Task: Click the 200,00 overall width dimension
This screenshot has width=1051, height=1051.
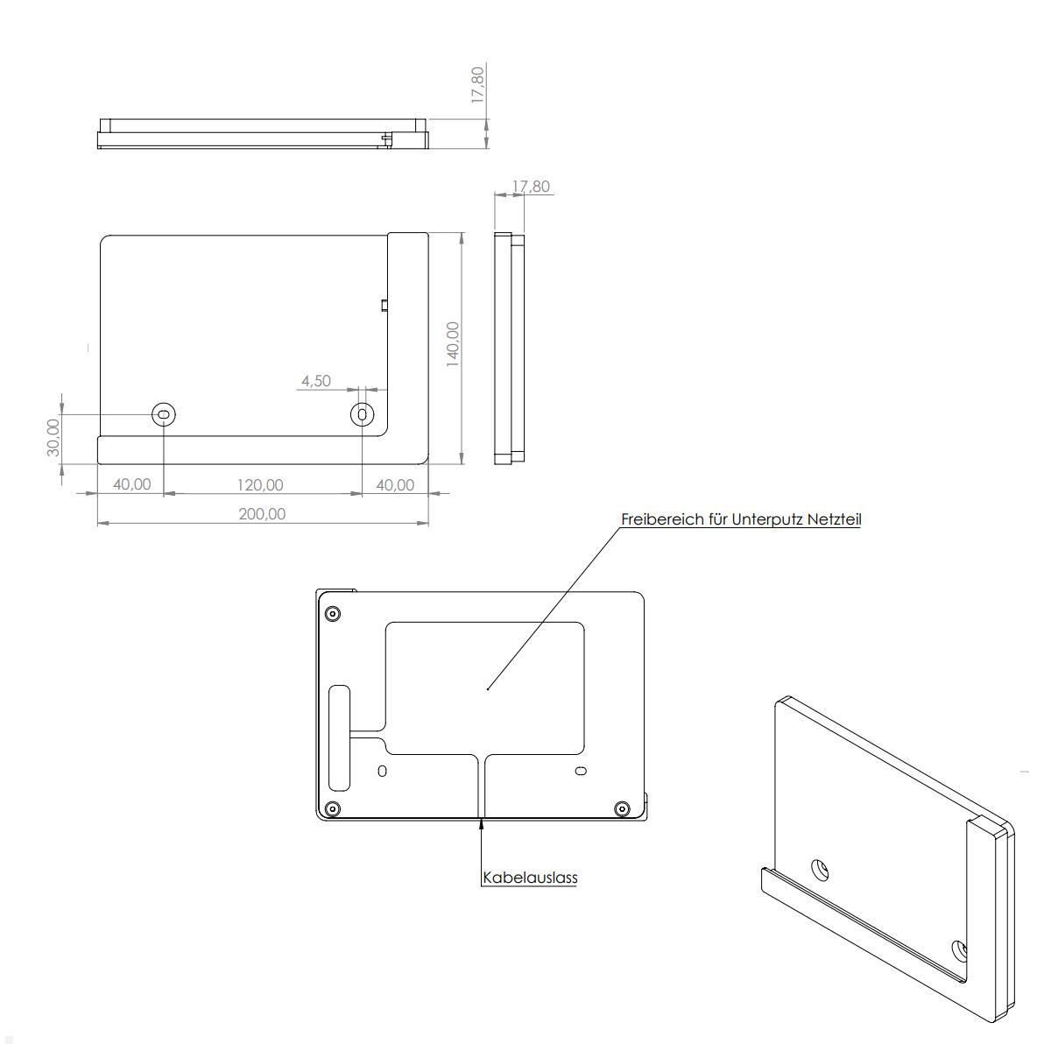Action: (262, 513)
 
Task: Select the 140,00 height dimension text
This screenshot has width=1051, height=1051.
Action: (453, 344)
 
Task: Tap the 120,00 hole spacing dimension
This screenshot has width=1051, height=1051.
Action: (260, 484)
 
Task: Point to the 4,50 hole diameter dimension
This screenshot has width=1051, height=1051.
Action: (316, 380)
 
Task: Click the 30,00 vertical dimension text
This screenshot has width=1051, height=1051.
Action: (53, 437)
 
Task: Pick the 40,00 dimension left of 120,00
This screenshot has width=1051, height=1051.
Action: (131, 484)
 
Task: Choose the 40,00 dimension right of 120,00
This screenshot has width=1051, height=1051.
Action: (395, 484)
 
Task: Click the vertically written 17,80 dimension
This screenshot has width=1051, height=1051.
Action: (477, 85)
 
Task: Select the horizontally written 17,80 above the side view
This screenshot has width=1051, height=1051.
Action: (531, 187)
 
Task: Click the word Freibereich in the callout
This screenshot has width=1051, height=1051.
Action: (662, 519)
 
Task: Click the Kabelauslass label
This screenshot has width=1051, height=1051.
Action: (530, 877)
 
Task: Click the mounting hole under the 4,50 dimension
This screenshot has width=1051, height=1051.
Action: (363, 414)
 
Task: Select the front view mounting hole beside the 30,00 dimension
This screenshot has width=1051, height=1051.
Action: (164, 414)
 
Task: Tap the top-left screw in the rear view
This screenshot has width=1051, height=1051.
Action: (332, 612)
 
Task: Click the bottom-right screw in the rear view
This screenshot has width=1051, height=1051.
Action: (622, 808)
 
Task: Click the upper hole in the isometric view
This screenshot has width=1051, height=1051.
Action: (821, 871)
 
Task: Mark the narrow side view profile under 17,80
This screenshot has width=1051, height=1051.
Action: (509, 348)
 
